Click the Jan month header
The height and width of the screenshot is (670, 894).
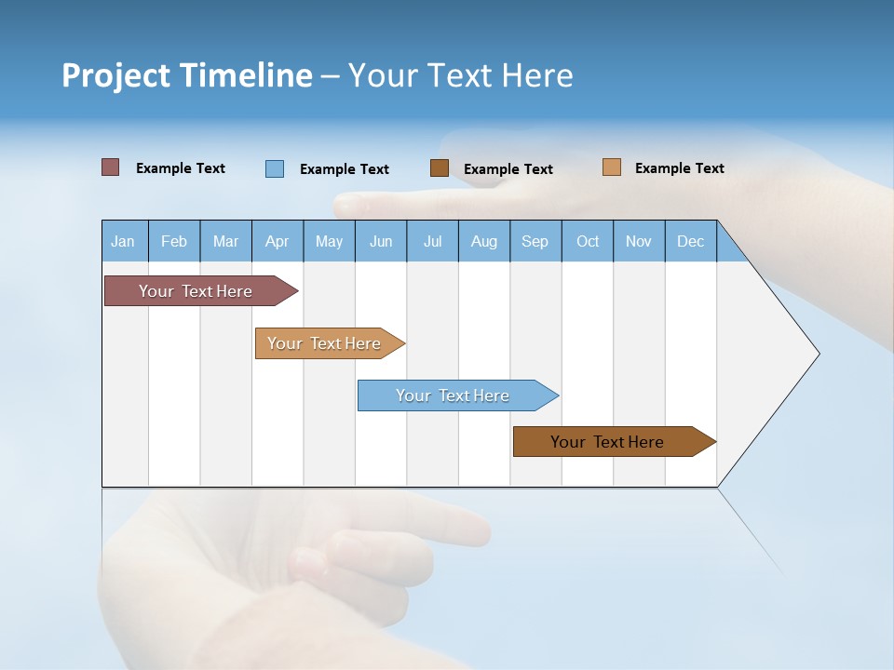tap(123, 241)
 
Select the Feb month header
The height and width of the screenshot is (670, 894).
tap(174, 241)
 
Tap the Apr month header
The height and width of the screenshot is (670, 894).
tap(277, 241)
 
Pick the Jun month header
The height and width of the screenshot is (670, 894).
tap(381, 241)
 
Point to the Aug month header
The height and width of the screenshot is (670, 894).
tap(484, 241)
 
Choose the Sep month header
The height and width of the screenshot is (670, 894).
tap(535, 241)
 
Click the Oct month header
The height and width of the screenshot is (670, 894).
tap(588, 241)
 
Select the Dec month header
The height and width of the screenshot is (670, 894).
tap(691, 241)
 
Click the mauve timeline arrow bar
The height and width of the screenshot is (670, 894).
tap(196, 291)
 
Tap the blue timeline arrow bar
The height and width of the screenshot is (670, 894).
tap(453, 395)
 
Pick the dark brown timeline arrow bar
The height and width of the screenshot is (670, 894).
tap(607, 442)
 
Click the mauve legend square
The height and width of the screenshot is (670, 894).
tap(111, 167)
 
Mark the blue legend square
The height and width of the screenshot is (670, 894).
tap(275, 168)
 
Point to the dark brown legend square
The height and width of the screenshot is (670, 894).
tap(440, 168)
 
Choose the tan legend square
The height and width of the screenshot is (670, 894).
tap(612, 167)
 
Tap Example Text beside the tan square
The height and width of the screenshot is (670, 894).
tap(679, 168)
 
